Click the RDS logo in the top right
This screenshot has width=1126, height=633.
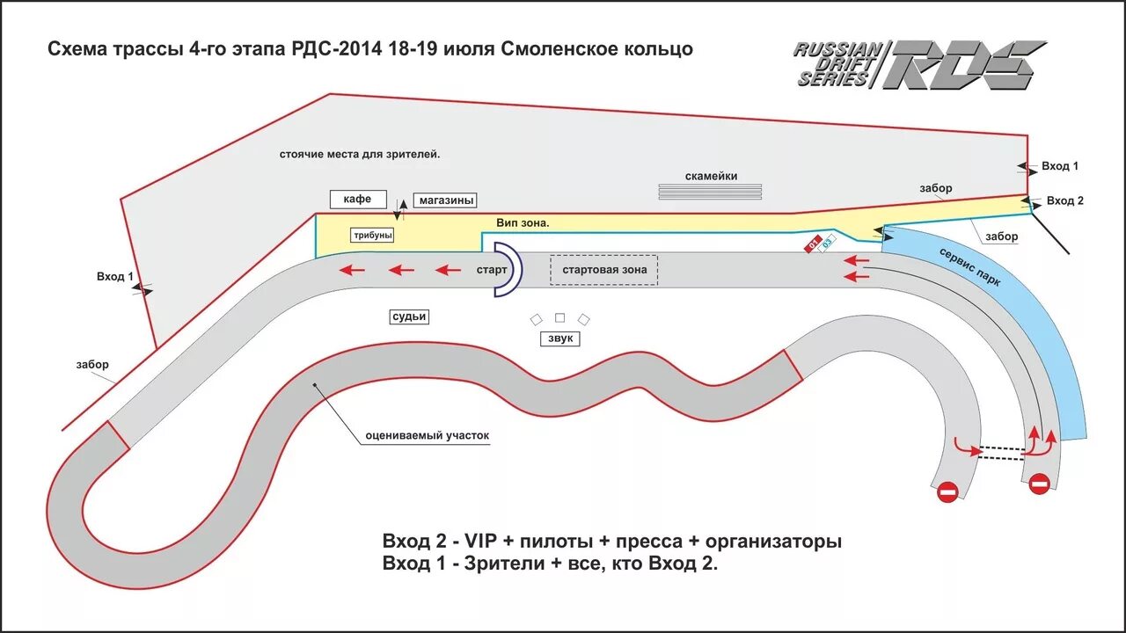coord(919,63)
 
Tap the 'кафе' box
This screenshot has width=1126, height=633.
coord(357,199)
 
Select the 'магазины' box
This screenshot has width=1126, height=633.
coord(447,200)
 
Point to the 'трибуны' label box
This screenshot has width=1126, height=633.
coord(372,236)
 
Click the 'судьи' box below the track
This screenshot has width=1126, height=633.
coord(409,316)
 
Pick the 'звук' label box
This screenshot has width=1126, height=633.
coord(559,338)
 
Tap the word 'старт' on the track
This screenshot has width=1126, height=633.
coord(491,270)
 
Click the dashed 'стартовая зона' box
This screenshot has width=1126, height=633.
coord(604,269)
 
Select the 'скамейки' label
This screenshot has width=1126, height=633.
coord(711,176)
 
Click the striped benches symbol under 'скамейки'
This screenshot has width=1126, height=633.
coord(711,192)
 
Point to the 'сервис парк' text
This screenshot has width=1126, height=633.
coord(970,266)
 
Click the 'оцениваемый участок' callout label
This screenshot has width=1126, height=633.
coord(427,435)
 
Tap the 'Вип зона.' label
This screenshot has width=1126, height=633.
coord(523,223)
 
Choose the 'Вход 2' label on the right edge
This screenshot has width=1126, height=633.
coord(1064,200)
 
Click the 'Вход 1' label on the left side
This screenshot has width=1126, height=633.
coord(115,277)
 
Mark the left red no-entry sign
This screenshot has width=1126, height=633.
coord(947,492)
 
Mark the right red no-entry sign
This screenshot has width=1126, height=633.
coord(1039,484)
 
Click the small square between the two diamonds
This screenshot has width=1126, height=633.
coord(559,317)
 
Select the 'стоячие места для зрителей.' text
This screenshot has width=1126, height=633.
coord(360,154)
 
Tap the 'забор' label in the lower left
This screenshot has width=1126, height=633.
coord(91,364)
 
